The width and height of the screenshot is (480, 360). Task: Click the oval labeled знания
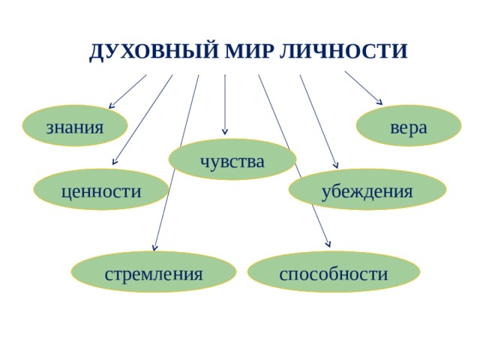coord(75,126)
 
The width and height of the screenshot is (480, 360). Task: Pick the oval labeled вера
coord(408,125)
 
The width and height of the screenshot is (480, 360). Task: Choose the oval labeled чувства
coord(232,160)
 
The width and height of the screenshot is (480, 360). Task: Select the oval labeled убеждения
coord(367,190)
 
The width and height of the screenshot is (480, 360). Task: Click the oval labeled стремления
coord(154,272)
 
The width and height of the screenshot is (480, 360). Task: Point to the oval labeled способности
coord(333,272)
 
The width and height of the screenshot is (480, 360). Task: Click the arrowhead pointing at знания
coord(112,106)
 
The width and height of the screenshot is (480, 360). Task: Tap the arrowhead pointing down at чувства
coord(225,136)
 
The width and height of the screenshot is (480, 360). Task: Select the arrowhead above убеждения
coord(337,166)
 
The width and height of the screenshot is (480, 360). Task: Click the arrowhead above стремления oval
coord(154,248)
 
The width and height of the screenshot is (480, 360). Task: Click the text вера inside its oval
coord(409,126)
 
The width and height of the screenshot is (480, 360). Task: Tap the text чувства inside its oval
coord(232,160)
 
